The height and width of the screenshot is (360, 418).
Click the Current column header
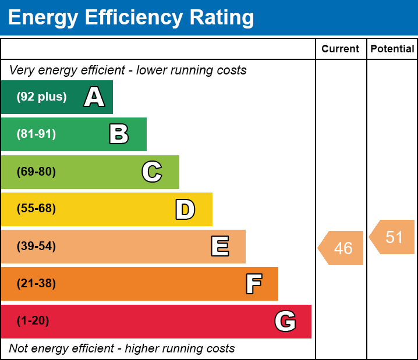pos(341,49)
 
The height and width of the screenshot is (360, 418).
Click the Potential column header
pos(392,49)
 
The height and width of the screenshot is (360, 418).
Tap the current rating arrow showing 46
pos(342,248)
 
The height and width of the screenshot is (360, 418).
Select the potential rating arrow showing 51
pos(393,237)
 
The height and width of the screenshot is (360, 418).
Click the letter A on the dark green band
pos(94,97)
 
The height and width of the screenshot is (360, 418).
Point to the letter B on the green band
pos(119,134)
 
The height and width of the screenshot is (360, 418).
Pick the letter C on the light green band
pos(152,172)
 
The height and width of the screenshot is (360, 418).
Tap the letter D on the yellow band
pos(185,209)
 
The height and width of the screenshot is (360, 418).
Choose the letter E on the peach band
pos(219,247)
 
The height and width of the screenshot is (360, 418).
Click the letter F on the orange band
pos(253,284)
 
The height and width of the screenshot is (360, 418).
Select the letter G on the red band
pos(285,321)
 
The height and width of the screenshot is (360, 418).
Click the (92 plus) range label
pos(41,97)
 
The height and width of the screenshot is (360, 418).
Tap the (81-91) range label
pos(36,134)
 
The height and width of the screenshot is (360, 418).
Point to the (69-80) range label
pos(36,172)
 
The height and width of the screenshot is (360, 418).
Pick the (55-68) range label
pos(36,209)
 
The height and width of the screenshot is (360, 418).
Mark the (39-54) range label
pos(36,247)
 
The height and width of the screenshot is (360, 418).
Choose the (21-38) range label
pos(36,284)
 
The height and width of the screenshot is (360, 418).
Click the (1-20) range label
pos(33,321)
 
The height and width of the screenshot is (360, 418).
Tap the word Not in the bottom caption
pos(19,348)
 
